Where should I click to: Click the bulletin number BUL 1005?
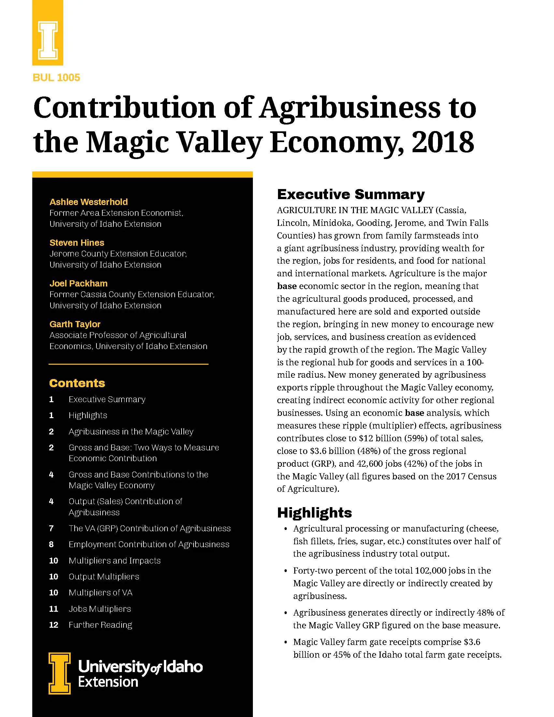point(56,78)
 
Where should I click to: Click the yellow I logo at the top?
point(48,40)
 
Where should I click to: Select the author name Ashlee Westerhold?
point(89,202)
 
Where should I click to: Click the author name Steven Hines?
point(77,242)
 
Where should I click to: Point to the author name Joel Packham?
point(79,283)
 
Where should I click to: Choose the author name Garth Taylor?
point(75,324)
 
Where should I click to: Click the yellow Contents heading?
point(77,383)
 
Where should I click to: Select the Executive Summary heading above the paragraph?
point(351,194)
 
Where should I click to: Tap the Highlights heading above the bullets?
point(314,512)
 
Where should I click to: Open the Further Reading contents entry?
point(100,625)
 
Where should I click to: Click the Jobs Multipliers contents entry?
point(100,609)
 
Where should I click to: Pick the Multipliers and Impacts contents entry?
point(114,561)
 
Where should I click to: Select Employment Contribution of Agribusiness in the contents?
point(149,544)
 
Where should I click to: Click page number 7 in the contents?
point(51,528)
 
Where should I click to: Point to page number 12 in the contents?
point(53,625)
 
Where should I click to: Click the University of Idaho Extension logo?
point(125,673)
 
